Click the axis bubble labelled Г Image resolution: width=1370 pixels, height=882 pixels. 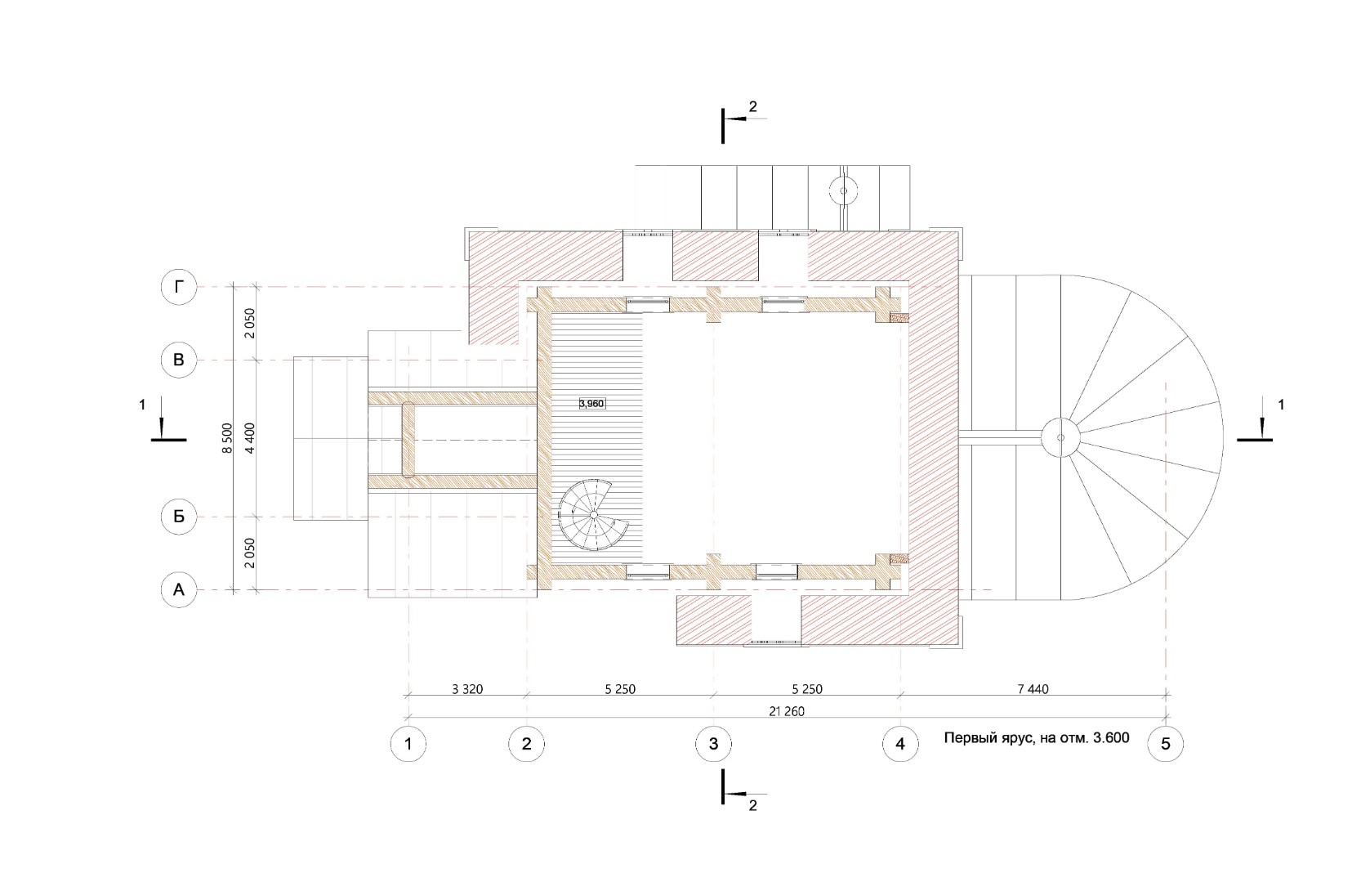point(179,287)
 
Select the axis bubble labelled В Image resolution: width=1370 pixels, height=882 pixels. point(179,360)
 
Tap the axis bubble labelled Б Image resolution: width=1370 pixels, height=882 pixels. point(179,517)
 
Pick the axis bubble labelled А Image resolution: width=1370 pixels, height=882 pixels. point(179,589)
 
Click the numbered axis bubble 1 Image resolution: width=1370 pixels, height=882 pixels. point(408,744)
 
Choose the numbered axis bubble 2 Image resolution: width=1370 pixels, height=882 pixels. point(527,744)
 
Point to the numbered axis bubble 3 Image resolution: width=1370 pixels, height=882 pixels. point(714,744)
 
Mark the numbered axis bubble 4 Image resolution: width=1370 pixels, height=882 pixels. point(900,744)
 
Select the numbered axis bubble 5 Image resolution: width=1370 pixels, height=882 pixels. point(1166,744)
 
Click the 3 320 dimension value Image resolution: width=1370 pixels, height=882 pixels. point(467,689)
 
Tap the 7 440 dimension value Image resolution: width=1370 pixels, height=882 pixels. point(1033,689)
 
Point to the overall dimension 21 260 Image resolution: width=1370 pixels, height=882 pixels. point(787,711)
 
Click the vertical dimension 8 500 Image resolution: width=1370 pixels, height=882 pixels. point(228,437)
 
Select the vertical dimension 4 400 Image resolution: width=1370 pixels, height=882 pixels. point(249,437)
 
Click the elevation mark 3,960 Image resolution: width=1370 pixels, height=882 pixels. point(592,403)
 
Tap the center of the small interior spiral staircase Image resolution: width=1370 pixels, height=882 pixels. point(593,515)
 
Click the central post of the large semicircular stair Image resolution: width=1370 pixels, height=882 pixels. point(1060,437)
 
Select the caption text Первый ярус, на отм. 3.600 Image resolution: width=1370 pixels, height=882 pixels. point(1037,737)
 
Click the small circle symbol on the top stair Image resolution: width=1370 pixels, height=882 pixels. point(843,191)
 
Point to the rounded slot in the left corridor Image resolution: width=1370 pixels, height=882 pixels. point(408,440)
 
